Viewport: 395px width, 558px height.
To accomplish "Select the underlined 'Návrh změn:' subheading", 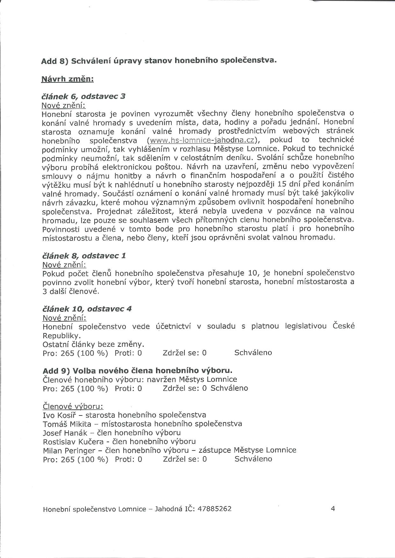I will pos(67,79).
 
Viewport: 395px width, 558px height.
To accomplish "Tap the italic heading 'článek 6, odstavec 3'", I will pos(83,96).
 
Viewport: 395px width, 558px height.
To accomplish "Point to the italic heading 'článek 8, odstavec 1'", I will pos(84,256).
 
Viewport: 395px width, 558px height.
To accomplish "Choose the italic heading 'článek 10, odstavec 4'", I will pos(87,309).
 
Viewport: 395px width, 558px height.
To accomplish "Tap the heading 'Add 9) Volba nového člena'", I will pos(137,371).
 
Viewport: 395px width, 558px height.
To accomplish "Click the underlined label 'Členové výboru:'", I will pos(73,407).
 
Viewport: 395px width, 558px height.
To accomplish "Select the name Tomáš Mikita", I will pos(67,424).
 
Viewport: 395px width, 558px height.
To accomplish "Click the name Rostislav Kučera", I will pos(73,442).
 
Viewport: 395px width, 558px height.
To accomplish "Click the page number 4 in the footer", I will pos(333,508).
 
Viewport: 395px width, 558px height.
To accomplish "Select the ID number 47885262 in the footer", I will pos(214,509).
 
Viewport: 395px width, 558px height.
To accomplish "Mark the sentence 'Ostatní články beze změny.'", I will pos(93,345).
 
